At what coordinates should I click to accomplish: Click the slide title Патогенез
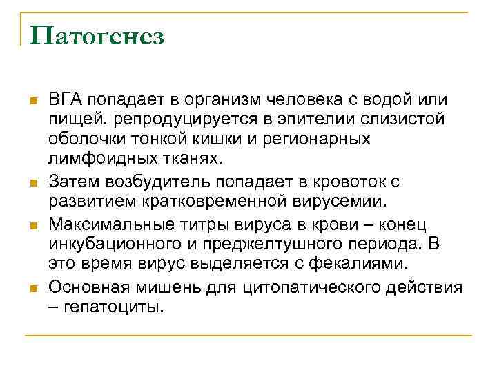pyautogui.click(x=97, y=36)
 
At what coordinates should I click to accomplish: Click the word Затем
pyautogui.click(x=70, y=181)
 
